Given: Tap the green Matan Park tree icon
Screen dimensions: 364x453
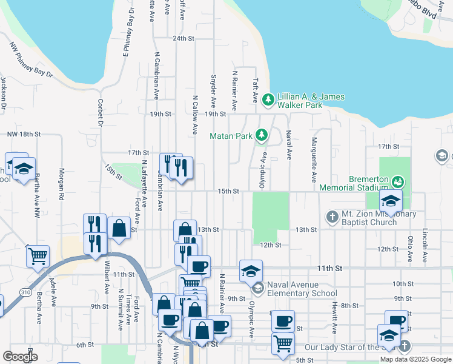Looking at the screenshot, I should (262, 135).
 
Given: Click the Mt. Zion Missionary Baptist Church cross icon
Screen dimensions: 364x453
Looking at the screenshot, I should (332, 216).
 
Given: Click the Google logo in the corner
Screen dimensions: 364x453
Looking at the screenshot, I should (20, 356).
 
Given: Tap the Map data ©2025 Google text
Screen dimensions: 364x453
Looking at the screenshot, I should (415, 359).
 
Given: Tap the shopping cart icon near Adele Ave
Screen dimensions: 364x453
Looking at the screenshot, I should (38, 255).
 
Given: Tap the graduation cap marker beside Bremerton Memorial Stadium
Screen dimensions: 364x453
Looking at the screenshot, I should (391, 201).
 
